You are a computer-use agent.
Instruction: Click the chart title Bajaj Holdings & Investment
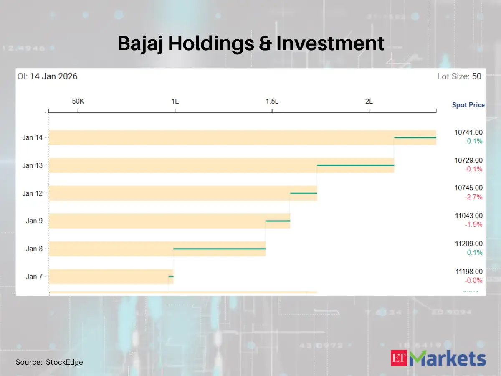[x=250, y=44]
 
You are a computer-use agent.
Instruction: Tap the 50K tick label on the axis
[x=78, y=101]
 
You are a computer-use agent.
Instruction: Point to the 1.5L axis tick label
[x=272, y=101]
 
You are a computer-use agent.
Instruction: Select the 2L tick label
[x=369, y=101]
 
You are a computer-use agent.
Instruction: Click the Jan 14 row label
[x=33, y=137]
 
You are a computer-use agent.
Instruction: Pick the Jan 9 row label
[x=34, y=221]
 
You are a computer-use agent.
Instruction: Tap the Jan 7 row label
[x=34, y=277]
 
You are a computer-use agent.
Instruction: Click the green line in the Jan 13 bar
[x=355, y=165]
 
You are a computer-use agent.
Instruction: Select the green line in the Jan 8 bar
[x=219, y=249]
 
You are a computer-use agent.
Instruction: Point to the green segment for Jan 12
[x=304, y=193]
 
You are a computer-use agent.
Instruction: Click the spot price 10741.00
[x=468, y=132]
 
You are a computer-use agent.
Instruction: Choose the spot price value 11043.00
[x=468, y=216]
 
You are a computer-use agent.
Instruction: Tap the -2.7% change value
[x=473, y=197]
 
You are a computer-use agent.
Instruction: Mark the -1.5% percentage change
[x=473, y=225]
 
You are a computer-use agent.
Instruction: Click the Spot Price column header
[x=468, y=105]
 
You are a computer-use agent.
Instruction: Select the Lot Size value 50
[x=476, y=76]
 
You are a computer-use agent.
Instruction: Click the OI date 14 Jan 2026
[x=53, y=76]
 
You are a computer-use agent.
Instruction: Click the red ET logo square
[x=399, y=358]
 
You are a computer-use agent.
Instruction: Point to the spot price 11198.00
[x=468, y=272]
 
